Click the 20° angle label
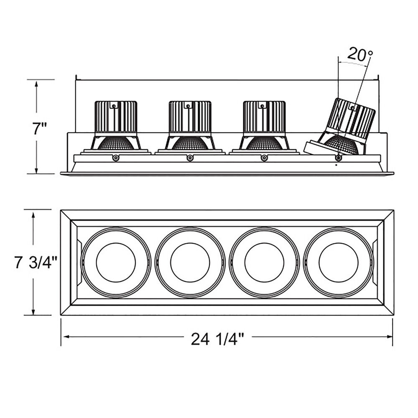click(360, 54)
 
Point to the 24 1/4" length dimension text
click(217, 339)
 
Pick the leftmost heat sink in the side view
click(116, 117)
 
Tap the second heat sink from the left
click(190, 117)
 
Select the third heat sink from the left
click(264, 117)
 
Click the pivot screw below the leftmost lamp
click(116, 158)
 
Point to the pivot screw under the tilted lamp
click(338, 158)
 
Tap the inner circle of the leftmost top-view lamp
click(116, 262)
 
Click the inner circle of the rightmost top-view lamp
click(338, 262)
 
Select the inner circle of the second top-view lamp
click(190, 262)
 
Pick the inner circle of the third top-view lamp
click(264, 262)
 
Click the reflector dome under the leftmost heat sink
click(116, 144)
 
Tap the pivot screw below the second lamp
click(190, 158)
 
